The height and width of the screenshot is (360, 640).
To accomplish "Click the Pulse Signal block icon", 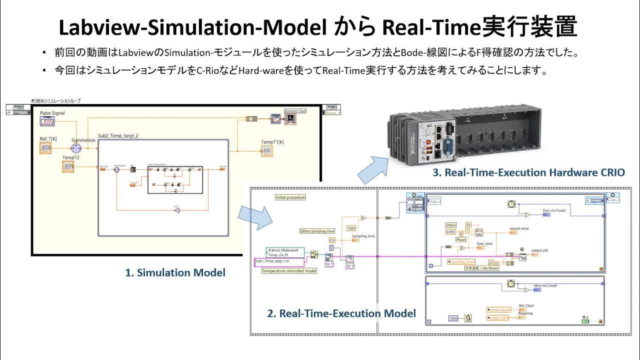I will (47, 121).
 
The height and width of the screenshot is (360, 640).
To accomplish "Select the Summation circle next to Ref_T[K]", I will (76, 148).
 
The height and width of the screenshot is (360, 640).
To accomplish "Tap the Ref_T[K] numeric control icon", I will (45, 148).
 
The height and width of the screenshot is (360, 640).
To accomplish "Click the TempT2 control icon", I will (68, 166).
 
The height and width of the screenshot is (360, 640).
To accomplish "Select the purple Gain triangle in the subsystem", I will (176, 210).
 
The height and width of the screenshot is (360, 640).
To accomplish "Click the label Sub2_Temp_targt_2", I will (118, 135).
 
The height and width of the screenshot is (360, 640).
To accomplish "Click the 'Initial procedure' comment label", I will (290, 197).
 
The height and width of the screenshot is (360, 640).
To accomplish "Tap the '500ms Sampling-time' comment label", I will (317, 231).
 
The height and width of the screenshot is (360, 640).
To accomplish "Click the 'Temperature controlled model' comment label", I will (289, 270).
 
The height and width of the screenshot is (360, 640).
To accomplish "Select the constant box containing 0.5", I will (332, 240).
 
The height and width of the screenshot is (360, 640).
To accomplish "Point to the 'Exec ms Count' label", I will (554, 210).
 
